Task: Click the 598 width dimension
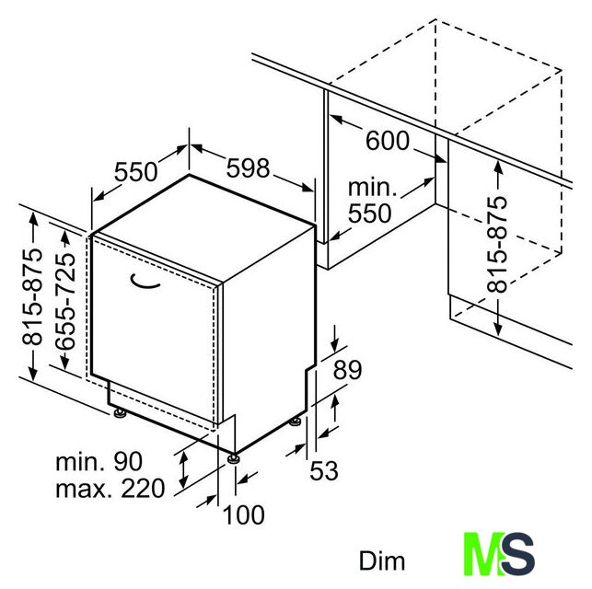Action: pyautogui.click(x=248, y=168)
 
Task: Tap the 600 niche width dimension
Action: pyautogui.click(x=388, y=141)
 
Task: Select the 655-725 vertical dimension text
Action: pyautogui.click(x=64, y=300)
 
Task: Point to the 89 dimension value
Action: pyautogui.click(x=347, y=370)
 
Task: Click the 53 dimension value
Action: pyautogui.click(x=323, y=470)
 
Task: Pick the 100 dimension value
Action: pyautogui.click(x=244, y=514)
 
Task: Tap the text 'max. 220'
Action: pyautogui.click(x=110, y=489)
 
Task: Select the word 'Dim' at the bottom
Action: pyautogui.click(x=382, y=561)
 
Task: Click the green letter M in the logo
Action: pyautogui.click(x=484, y=553)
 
